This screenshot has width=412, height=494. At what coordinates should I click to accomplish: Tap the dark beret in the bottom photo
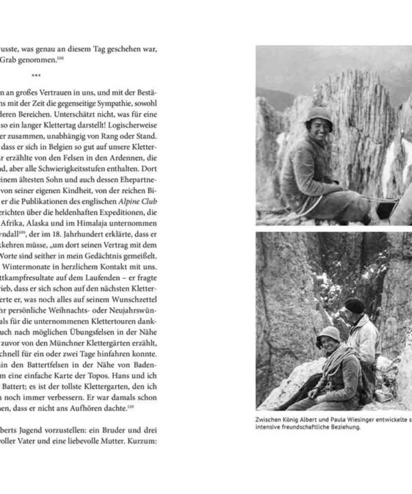coord(355,304)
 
